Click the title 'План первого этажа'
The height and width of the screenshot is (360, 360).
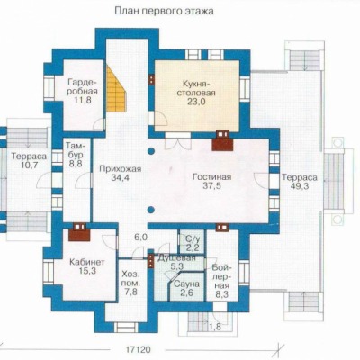point(164,11)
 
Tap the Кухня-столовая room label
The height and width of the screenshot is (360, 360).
point(195,88)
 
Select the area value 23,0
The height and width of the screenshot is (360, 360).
point(195,102)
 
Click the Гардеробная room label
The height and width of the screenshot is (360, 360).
point(83,86)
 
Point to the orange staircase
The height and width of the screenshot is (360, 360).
point(116,89)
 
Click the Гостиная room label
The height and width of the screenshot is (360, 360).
point(211,177)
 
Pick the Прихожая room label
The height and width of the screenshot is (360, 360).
point(121,169)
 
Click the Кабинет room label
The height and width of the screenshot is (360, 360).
point(87,263)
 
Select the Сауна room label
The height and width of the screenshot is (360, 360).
point(186,283)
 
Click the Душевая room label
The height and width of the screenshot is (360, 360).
point(176,258)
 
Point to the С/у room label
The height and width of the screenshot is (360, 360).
point(193,239)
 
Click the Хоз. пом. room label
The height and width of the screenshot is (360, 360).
point(130,279)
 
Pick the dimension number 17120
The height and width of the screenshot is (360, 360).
point(138,350)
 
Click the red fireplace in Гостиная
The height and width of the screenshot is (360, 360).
point(222,141)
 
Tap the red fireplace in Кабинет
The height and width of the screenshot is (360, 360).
point(79,232)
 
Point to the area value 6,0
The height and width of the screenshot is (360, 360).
point(140,238)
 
